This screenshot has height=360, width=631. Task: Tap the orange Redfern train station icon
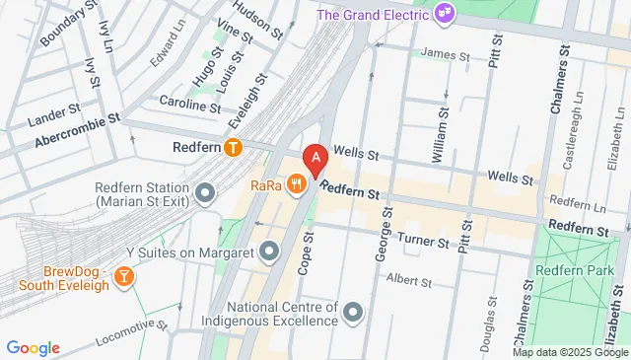[x=233, y=148]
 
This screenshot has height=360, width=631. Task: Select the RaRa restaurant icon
[x=296, y=183]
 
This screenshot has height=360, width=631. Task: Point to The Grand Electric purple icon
[x=445, y=13]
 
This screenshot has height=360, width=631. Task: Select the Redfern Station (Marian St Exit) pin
[x=205, y=193]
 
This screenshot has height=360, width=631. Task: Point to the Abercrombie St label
[x=77, y=129]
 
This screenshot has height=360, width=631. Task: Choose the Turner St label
[x=425, y=240]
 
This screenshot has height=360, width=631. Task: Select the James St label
[x=445, y=53]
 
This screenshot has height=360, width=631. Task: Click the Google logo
[x=34, y=347]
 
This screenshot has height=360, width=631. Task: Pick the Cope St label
[x=305, y=254]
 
